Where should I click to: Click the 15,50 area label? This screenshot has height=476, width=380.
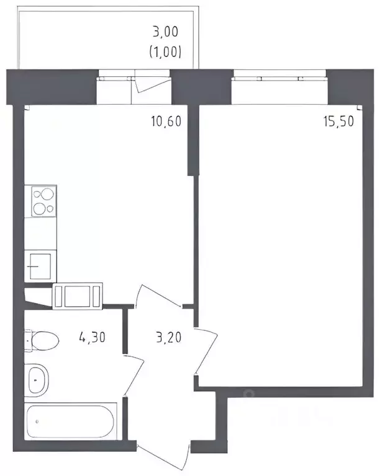(x=338, y=121)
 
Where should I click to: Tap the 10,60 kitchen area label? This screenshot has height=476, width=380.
(x=166, y=121)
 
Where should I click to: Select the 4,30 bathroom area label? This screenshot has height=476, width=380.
(x=92, y=337)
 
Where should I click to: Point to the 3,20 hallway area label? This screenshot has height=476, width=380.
(x=169, y=337)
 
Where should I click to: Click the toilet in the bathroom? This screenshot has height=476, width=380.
(x=42, y=341)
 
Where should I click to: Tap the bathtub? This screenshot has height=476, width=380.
(x=71, y=421)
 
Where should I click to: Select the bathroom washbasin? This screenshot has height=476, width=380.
(x=37, y=381)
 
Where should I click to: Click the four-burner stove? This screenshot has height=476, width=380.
(x=44, y=201)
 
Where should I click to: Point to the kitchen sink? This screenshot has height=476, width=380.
(x=40, y=267)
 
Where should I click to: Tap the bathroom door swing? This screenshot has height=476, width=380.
(x=133, y=376)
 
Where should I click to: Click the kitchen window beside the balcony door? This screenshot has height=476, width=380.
(x=115, y=76)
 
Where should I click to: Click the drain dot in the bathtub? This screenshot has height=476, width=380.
(x=37, y=421)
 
